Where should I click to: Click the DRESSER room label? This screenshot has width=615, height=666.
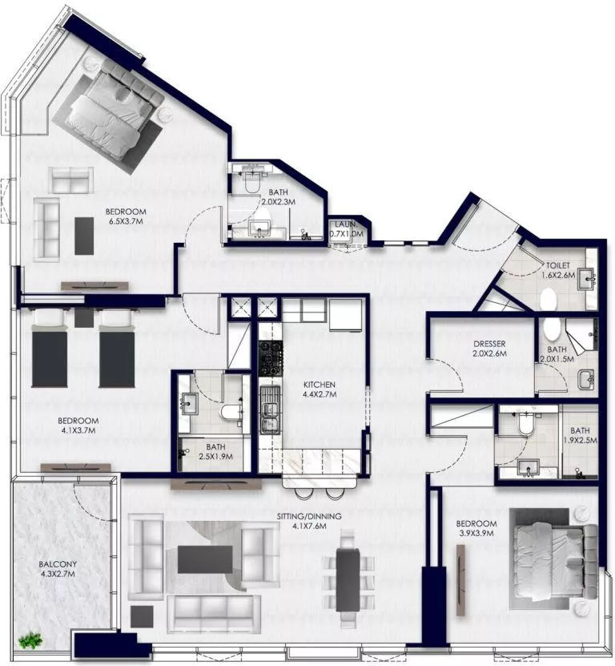point(488,344)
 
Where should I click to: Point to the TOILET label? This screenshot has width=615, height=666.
point(558,265)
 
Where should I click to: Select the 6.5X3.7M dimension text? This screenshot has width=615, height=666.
point(125,222)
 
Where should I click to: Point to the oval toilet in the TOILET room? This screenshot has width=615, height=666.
point(549,300)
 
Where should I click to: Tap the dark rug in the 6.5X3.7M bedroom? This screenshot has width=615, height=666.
point(84,236)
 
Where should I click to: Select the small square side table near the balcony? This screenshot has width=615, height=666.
point(141,616)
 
